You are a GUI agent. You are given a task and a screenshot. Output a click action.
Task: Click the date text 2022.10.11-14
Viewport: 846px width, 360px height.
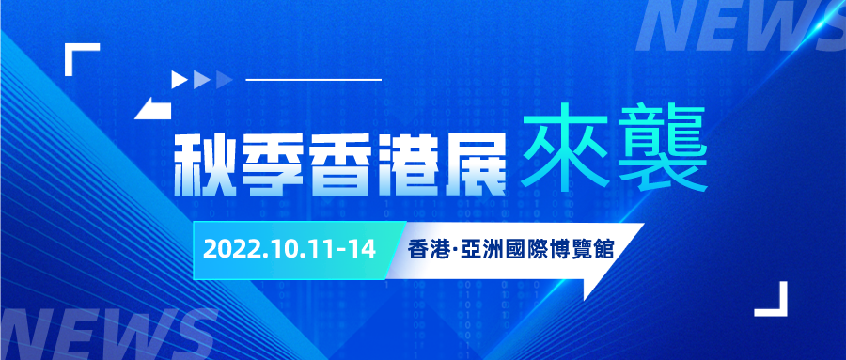(x=289, y=250)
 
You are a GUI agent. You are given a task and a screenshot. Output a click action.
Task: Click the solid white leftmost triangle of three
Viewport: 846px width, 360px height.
(x=179, y=80)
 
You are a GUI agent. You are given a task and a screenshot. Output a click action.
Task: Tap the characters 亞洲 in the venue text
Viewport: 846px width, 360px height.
(x=487, y=250)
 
